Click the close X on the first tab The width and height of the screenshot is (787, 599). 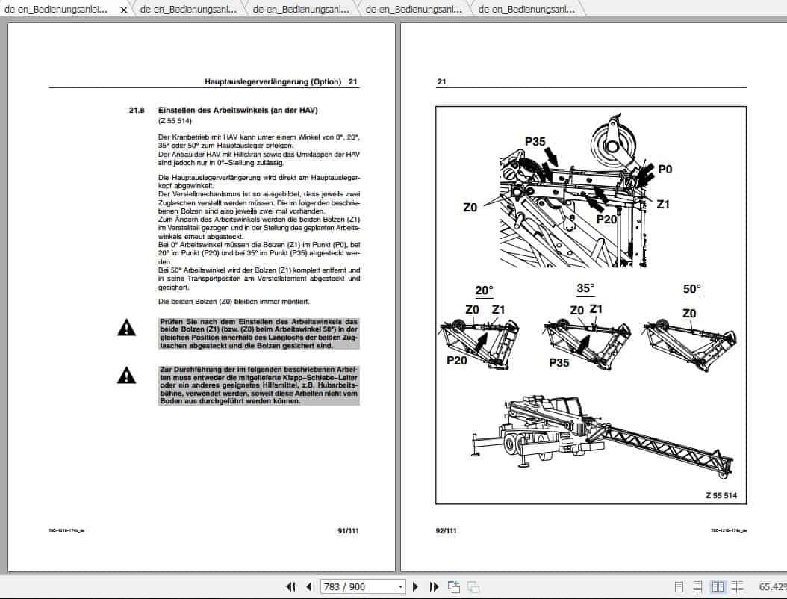(124, 10)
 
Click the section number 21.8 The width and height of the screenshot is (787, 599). (136, 111)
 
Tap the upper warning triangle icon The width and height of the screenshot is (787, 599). (127, 327)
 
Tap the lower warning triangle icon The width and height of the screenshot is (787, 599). (127, 375)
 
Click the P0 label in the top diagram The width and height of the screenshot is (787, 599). (665, 170)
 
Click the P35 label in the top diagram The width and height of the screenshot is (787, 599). (535, 141)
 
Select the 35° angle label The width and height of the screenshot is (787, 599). (585, 287)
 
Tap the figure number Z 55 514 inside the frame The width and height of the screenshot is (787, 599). (721, 495)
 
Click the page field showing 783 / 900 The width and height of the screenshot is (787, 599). (362, 586)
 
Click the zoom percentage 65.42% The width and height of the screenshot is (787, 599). (772, 586)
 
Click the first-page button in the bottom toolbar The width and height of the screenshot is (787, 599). (290, 586)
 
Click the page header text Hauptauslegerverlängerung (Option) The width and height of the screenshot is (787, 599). (273, 81)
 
